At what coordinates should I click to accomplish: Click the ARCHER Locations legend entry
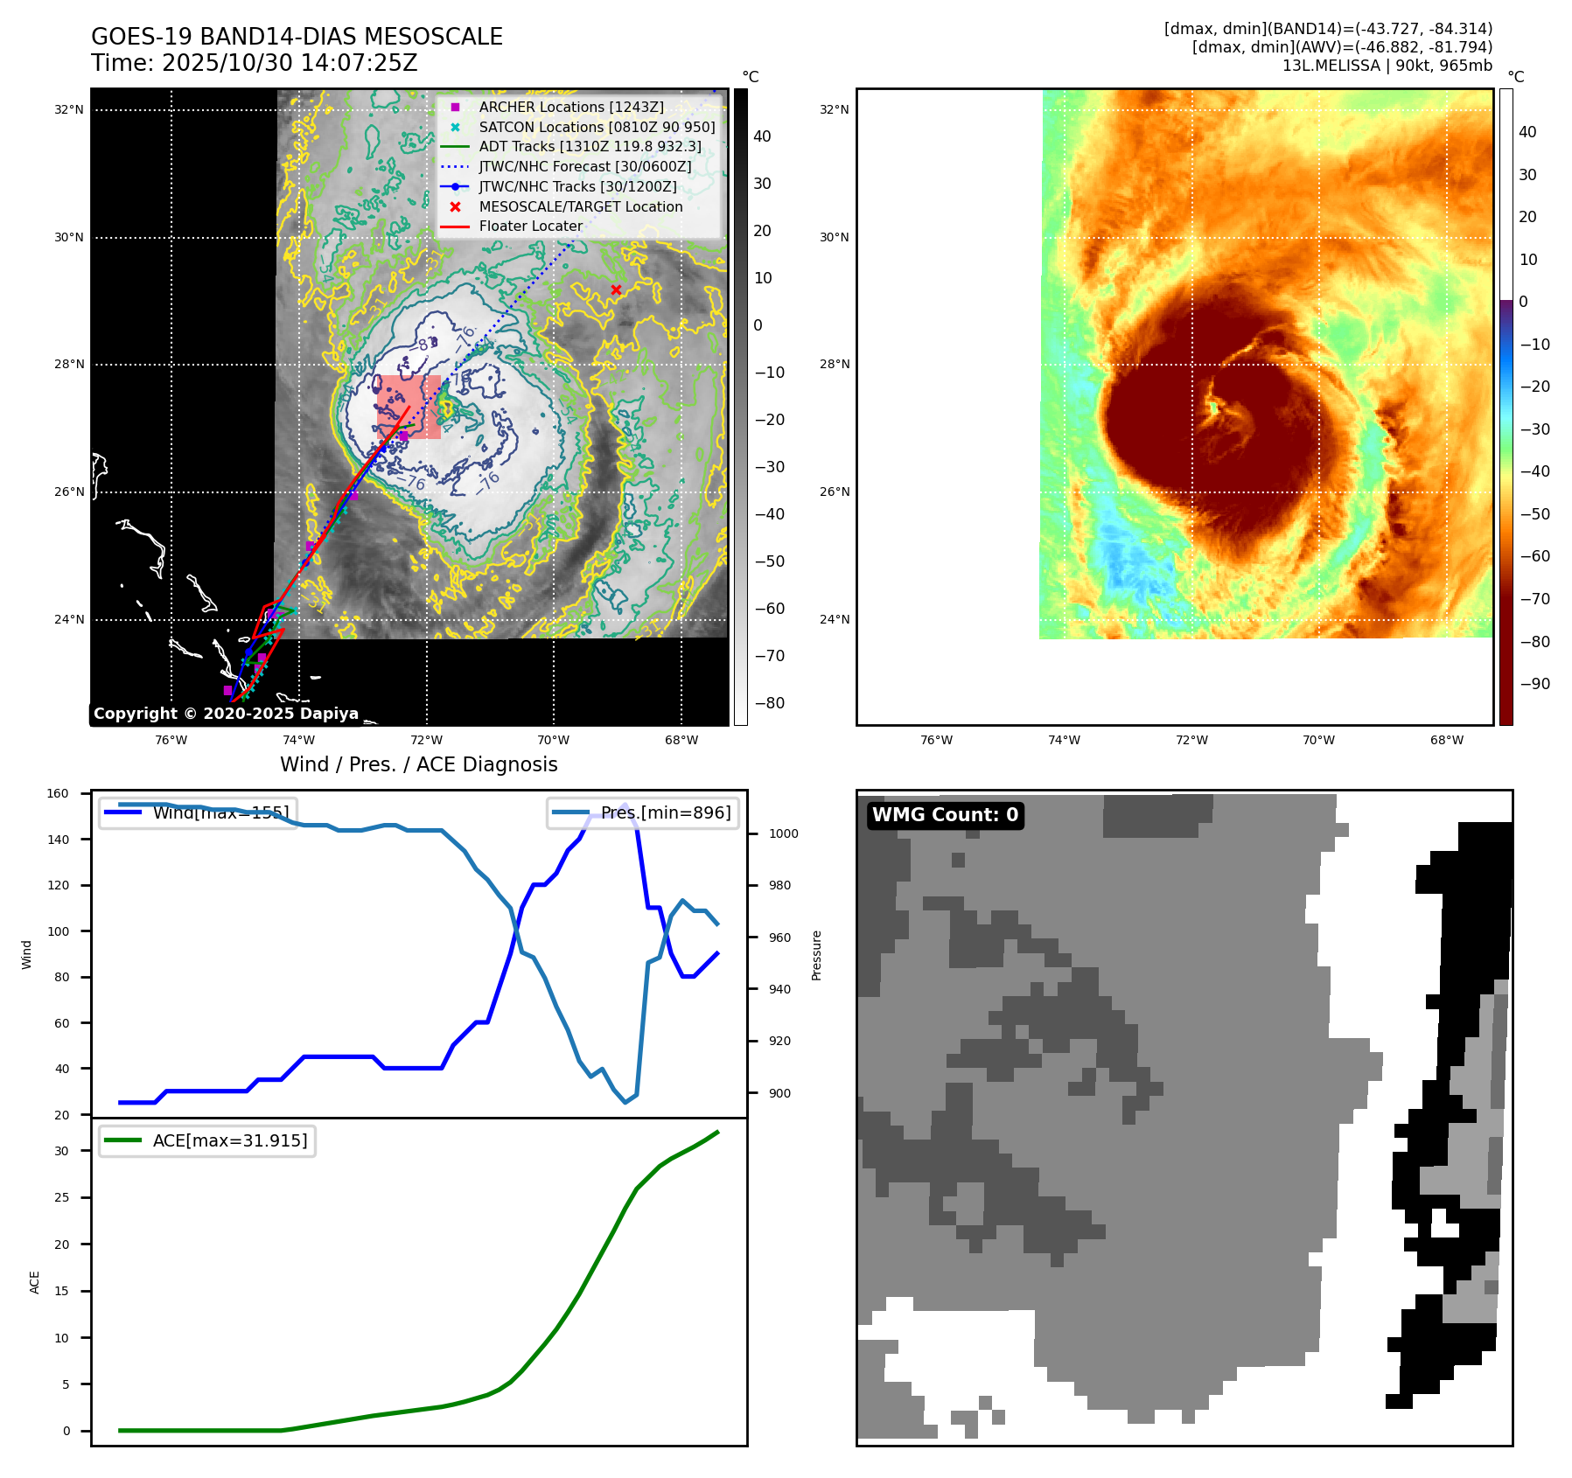point(570,107)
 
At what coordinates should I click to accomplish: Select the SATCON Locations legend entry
point(597,127)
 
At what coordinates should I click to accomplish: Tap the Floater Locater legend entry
point(530,226)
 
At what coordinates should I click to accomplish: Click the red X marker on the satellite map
point(616,290)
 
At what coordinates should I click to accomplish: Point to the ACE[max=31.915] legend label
point(229,1140)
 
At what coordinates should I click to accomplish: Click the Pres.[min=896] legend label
point(665,812)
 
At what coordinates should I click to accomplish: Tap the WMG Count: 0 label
point(945,815)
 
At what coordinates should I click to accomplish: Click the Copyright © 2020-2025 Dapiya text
point(226,714)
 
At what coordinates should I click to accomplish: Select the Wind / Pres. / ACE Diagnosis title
point(418,764)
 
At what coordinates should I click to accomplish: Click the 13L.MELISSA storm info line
point(1387,66)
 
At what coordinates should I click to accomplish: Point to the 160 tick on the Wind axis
point(58,794)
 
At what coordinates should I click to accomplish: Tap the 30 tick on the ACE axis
point(61,1151)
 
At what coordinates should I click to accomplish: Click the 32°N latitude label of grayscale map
point(69,110)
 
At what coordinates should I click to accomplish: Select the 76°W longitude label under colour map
point(936,740)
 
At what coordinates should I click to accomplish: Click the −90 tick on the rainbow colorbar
point(1534,684)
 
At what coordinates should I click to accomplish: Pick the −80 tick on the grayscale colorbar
point(769,703)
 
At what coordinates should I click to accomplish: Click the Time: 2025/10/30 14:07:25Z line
point(254,63)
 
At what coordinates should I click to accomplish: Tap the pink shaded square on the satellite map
point(409,407)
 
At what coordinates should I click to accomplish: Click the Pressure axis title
point(816,955)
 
